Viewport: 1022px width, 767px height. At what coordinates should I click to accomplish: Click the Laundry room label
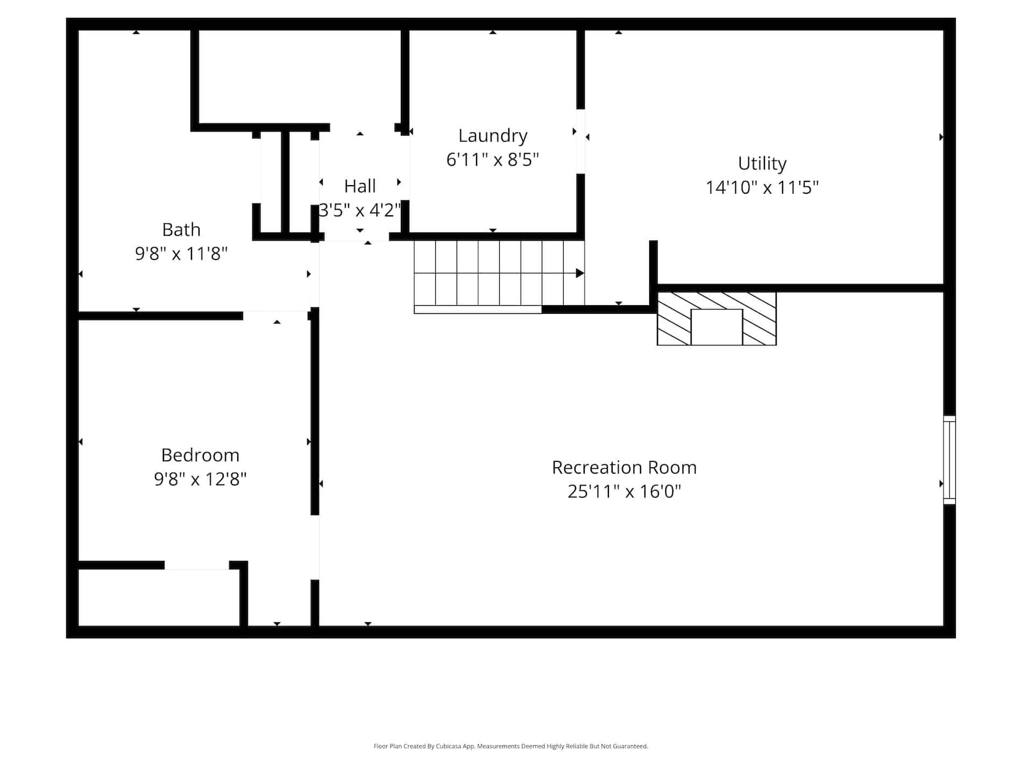coord(493,136)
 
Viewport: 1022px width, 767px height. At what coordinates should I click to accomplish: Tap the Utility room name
coord(762,163)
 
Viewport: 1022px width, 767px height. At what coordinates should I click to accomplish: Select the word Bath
coord(181,230)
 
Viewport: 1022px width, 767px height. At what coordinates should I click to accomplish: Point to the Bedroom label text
coord(200,455)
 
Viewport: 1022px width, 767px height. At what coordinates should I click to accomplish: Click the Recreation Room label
coord(624,467)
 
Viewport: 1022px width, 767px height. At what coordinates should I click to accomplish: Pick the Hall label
coord(360,186)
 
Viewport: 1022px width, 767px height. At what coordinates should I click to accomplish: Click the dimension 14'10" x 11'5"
coord(762,187)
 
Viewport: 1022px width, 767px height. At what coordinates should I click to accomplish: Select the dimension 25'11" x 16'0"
coord(624,491)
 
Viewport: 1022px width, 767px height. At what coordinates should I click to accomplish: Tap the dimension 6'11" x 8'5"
coord(493,160)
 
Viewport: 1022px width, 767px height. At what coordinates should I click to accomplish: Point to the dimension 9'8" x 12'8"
coord(200,479)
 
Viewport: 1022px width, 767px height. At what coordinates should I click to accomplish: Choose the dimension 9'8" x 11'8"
coord(181,254)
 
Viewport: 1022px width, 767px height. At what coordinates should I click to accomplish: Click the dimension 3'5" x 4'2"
coord(360,210)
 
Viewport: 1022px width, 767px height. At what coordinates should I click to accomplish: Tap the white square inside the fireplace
coord(716,327)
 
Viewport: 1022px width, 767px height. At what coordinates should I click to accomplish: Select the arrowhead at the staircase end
coord(580,273)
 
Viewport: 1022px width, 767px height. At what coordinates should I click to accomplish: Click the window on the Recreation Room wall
coord(950,460)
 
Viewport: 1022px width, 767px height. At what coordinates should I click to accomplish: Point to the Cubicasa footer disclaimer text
coord(510,746)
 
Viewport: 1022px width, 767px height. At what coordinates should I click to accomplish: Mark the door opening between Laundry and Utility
coord(581,142)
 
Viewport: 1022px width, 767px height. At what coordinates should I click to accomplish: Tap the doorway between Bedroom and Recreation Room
coord(315,547)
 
